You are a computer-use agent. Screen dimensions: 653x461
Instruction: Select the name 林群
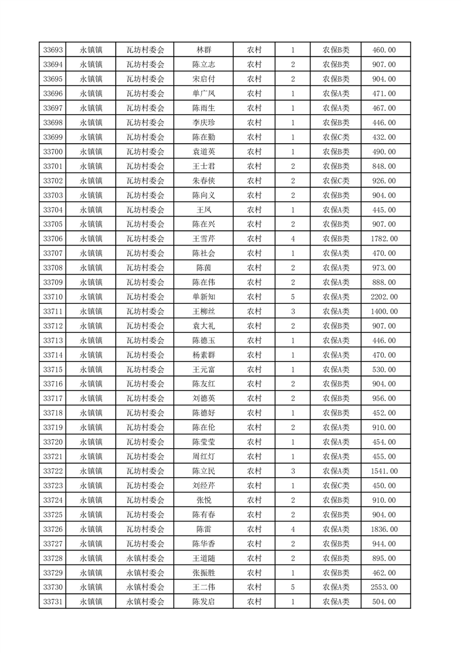tap(203, 50)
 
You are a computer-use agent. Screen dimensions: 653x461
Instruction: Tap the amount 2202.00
tap(384, 297)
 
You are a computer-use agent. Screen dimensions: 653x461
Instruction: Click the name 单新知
tap(203, 297)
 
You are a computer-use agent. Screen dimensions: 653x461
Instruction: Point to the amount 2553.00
tap(384, 587)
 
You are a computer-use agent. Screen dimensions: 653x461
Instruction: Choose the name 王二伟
tap(203, 587)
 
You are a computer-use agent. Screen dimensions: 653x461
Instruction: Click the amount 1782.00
tap(384, 239)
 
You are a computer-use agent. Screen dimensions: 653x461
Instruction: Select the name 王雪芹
tap(203, 239)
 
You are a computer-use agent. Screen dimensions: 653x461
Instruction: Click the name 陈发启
tap(203, 602)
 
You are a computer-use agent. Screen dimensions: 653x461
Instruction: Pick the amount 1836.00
tap(384, 529)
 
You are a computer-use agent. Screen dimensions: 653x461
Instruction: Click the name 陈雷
tap(203, 529)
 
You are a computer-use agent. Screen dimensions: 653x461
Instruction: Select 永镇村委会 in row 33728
tap(145, 558)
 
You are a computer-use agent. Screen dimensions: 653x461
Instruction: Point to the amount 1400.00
tap(384, 311)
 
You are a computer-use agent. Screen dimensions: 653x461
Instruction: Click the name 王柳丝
tap(203, 311)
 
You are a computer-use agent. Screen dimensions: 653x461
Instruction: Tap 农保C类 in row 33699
tap(336, 137)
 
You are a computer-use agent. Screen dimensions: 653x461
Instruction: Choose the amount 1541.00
tap(384, 471)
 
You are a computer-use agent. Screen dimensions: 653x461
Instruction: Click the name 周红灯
tap(203, 456)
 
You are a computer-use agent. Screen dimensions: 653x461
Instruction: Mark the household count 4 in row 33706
tap(292, 239)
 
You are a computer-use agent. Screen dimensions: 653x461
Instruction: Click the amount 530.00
tap(384, 370)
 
